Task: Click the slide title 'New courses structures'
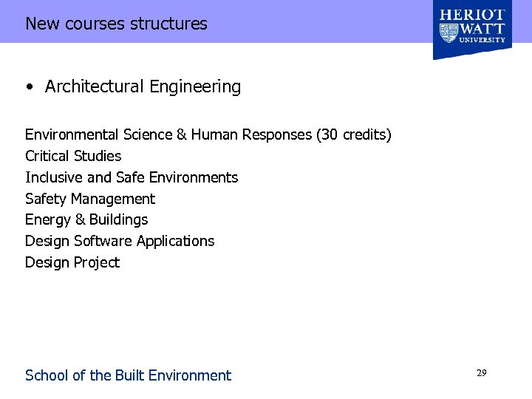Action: [x=116, y=24]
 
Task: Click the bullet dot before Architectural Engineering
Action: [x=28, y=87]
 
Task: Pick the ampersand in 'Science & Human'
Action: [x=181, y=135]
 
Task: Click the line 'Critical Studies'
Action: [x=73, y=157]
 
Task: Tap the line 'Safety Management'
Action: [x=90, y=199]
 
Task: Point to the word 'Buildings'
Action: [x=119, y=220]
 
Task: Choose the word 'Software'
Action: [x=103, y=242]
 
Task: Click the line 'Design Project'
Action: [x=72, y=263]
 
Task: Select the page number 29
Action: [x=481, y=374]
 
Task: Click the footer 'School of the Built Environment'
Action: [x=128, y=375]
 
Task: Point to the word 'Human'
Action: [x=214, y=135]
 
